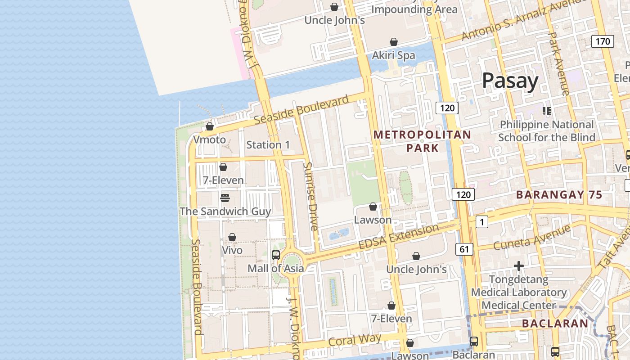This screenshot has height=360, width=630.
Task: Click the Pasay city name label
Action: click(x=510, y=81)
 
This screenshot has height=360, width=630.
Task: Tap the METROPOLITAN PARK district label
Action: click(x=422, y=141)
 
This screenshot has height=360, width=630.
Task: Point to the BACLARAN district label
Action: click(x=555, y=323)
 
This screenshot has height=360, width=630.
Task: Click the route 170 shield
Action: click(x=603, y=41)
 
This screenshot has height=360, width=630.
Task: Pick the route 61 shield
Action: click(x=464, y=249)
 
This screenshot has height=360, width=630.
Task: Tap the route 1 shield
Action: click(x=481, y=221)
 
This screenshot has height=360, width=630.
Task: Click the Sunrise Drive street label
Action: click(x=310, y=196)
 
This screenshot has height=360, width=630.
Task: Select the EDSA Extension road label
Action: click(x=398, y=237)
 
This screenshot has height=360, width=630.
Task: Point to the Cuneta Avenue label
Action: click(x=532, y=238)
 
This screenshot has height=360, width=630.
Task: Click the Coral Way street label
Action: click(x=355, y=340)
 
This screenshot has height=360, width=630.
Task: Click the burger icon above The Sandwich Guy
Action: click(x=225, y=198)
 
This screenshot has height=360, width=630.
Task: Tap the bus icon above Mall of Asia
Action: click(x=276, y=255)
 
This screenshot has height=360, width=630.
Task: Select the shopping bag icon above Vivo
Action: click(x=232, y=237)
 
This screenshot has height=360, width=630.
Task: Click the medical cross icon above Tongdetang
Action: click(x=519, y=266)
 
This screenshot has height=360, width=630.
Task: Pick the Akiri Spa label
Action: click(x=393, y=55)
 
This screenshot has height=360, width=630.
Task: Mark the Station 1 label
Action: click(x=268, y=144)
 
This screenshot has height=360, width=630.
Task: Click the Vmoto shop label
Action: click(x=210, y=139)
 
